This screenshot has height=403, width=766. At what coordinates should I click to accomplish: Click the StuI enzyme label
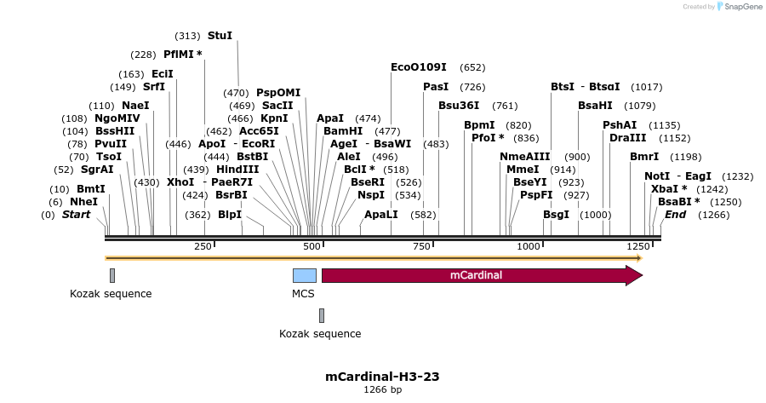coord(220,36)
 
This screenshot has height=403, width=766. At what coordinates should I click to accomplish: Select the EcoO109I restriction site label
coord(418,66)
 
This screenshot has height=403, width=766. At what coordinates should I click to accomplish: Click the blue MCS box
coord(304,275)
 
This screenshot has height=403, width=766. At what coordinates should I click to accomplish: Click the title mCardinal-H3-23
coord(382,376)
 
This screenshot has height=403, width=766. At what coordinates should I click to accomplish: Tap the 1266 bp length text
coord(382,389)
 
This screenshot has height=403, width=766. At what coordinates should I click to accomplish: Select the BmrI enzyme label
coord(644,157)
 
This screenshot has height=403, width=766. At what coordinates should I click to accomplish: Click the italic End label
coord(675,215)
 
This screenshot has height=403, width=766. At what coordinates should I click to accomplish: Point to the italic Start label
coord(76,215)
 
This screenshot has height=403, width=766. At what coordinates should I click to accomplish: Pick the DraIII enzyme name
coord(627,138)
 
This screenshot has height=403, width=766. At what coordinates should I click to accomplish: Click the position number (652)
coord(472,66)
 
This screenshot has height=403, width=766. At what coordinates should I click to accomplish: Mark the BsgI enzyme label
coord(556,215)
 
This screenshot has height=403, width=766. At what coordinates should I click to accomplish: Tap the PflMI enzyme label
coord(183,55)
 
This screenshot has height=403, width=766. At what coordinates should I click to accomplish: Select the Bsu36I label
coord(459,106)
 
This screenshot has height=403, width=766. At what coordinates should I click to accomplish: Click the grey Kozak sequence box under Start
coord(111,275)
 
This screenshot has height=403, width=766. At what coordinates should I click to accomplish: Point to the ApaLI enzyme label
coord(380,215)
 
